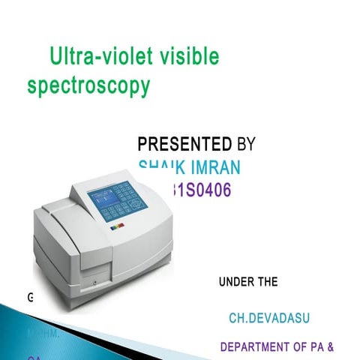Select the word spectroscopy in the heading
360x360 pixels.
88,86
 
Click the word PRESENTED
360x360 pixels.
184,143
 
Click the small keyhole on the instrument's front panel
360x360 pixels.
94,283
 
